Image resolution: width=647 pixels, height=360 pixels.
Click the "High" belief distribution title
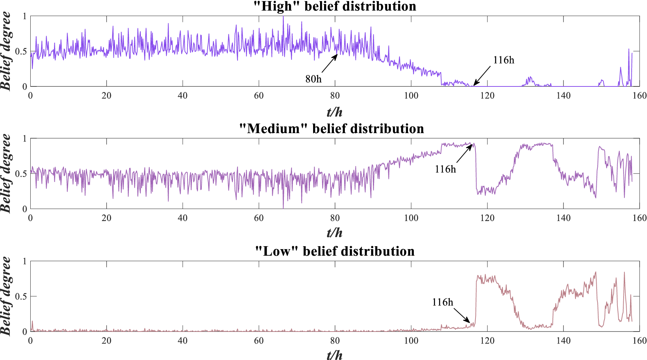point(335,6)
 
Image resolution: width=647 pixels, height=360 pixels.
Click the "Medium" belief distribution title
point(331,129)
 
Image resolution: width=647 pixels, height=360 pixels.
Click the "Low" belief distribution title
point(335,251)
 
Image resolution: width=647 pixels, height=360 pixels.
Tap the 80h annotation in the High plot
point(313,79)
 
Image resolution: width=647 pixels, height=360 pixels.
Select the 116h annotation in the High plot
point(504,60)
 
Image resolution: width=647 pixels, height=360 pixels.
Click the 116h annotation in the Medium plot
point(445,169)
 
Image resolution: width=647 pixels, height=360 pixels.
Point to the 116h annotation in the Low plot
point(442,302)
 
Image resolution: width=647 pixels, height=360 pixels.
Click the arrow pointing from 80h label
point(330,63)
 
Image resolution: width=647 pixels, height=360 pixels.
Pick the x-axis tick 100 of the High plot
point(411,96)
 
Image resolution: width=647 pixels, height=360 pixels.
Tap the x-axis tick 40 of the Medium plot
point(182,218)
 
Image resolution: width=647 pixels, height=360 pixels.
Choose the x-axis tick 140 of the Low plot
point(563,341)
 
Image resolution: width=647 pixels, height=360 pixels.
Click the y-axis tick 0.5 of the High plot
point(21,51)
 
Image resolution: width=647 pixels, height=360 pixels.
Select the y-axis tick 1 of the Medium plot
point(25,139)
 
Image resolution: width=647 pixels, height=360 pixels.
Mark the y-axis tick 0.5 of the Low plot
point(21,297)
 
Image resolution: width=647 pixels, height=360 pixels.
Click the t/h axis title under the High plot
point(335,112)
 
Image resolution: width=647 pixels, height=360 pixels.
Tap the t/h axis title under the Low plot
point(335,355)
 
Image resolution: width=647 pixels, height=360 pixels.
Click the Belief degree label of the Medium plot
point(6,173)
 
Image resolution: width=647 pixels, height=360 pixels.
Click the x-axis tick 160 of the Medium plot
point(639,218)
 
